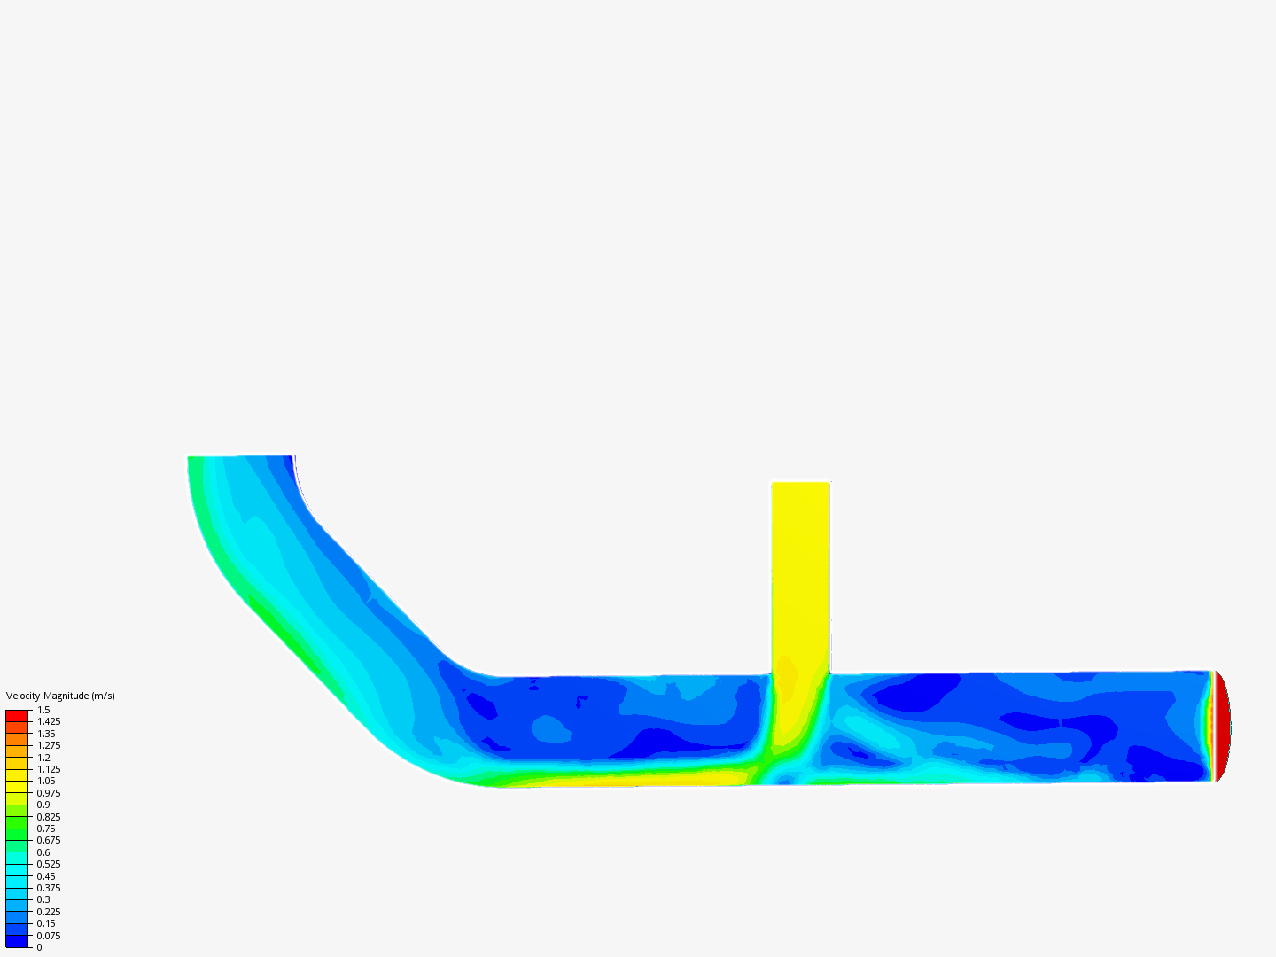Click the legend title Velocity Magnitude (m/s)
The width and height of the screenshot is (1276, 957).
click(x=60, y=696)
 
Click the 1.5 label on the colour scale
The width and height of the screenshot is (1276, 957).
click(x=43, y=710)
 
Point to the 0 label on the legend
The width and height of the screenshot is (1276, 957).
click(x=39, y=947)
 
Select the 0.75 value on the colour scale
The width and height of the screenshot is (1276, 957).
click(x=46, y=829)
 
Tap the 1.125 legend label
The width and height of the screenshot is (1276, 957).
click(x=49, y=769)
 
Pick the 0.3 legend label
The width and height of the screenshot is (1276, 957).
click(x=43, y=899)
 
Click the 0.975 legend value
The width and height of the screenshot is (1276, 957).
click(x=49, y=793)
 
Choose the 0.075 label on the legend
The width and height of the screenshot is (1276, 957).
click(x=49, y=936)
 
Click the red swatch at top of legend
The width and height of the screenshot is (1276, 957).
click(x=17, y=715)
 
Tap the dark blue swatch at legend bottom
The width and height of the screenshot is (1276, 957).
click(x=17, y=941)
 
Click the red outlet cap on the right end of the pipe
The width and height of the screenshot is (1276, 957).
click(x=1222, y=727)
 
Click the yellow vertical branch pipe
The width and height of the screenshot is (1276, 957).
click(x=800, y=576)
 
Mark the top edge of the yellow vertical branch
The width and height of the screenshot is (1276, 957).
click(x=800, y=483)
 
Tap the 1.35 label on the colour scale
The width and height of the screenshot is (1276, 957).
click(x=46, y=734)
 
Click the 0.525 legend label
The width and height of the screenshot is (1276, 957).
click(x=49, y=864)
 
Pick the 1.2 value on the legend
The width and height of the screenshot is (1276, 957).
click(x=43, y=758)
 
